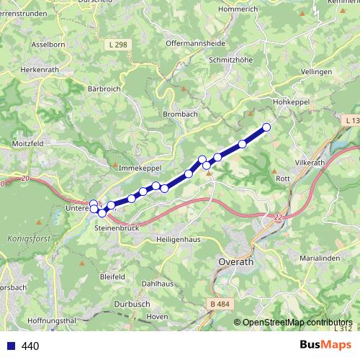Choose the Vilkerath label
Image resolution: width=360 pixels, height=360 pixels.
(310, 163)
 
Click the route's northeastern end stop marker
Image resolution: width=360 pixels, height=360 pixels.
(266, 127)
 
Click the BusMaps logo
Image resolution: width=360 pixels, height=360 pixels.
(324, 345)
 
